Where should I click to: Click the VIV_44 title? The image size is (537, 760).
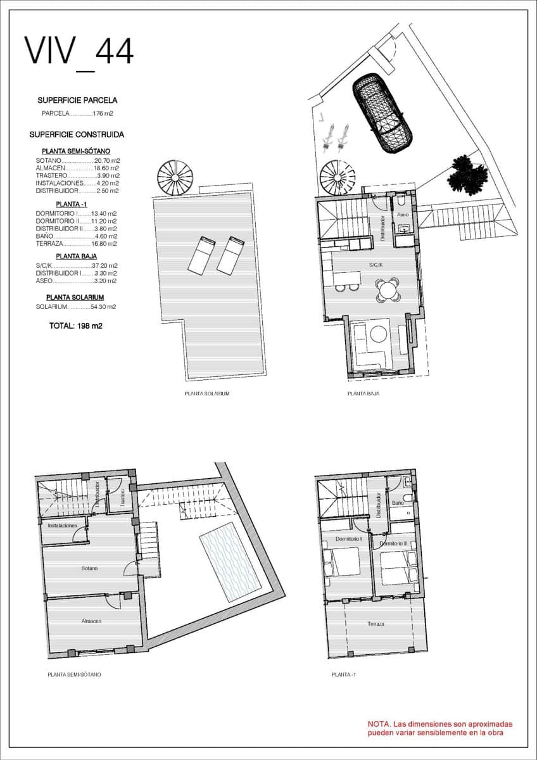[79, 51]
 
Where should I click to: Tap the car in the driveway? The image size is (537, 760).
[382, 113]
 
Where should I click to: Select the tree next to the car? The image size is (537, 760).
[469, 174]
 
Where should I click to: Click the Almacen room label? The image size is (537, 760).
[91, 621]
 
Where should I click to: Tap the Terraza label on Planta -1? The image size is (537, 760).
[376, 624]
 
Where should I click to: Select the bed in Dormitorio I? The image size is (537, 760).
[342, 562]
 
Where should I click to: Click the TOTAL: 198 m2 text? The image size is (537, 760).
[76, 326]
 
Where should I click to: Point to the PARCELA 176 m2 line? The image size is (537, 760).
[77, 114]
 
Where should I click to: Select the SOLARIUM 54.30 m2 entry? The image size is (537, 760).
[76, 307]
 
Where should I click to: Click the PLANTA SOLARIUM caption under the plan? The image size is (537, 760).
[206, 394]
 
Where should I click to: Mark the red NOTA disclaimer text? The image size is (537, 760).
[440, 728]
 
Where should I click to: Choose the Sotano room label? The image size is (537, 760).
[89, 568]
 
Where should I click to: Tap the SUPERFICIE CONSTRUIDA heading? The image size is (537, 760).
[77, 134]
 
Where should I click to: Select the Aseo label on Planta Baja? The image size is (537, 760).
[403, 215]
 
